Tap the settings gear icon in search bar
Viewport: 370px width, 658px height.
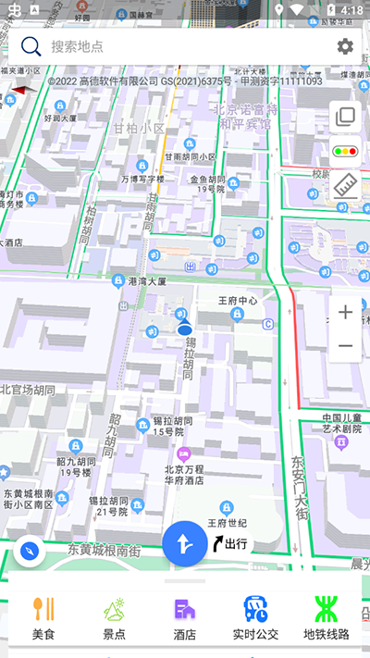coord(345,46)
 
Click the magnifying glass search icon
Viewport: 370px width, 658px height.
coord(31,46)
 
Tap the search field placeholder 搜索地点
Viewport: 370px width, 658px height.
coord(78,46)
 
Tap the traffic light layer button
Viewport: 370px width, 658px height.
coord(346,151)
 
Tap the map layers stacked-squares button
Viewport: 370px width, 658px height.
coord(346,117)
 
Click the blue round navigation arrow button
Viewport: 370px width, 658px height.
coord(185,543)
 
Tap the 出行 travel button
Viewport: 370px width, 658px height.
coord(230,543)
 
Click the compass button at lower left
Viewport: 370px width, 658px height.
coord(31,552)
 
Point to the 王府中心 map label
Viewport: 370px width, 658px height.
coord(237,301)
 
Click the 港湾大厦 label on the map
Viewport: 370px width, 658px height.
coord(146,280)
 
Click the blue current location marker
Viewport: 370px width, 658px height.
coord(184,329)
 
